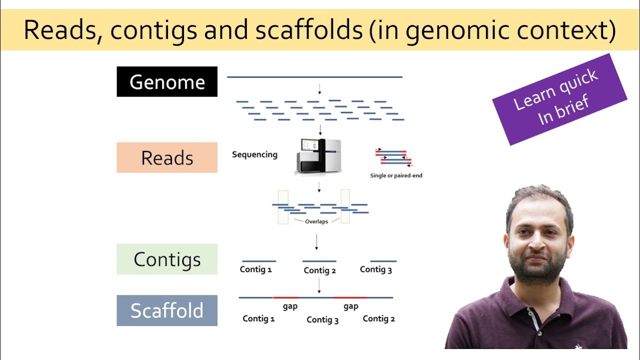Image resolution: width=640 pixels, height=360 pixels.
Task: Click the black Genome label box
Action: point(167,81)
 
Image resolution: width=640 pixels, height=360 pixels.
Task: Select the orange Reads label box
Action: point(167,157)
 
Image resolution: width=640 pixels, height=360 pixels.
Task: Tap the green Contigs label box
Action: point(167,259)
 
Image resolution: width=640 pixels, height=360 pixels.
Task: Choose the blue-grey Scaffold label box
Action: point(167,310)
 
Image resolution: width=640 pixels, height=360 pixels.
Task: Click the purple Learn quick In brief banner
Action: point(559,99)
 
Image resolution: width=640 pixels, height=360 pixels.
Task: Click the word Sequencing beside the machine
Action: point(254,154)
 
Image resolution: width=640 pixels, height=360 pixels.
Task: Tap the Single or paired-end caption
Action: point(396,175)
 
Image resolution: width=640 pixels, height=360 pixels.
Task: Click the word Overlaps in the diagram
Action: point(316,221)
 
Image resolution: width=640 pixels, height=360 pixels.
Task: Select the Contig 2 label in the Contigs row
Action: point(319,270)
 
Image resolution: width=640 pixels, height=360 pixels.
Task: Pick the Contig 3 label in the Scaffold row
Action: point(322,320)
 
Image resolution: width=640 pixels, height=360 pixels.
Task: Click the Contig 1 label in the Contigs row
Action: point(256,269)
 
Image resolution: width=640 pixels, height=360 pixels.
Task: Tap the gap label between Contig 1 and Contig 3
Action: point(290,306)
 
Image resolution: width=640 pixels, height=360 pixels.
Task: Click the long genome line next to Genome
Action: point(314,77)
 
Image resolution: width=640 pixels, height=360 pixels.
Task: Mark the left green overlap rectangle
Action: point(283,206)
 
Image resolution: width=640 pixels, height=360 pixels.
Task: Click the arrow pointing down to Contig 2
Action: point(317,241)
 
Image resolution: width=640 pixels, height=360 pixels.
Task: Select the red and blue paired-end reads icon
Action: point(393,157)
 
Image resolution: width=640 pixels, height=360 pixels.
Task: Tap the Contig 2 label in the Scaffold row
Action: point(379,318)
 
